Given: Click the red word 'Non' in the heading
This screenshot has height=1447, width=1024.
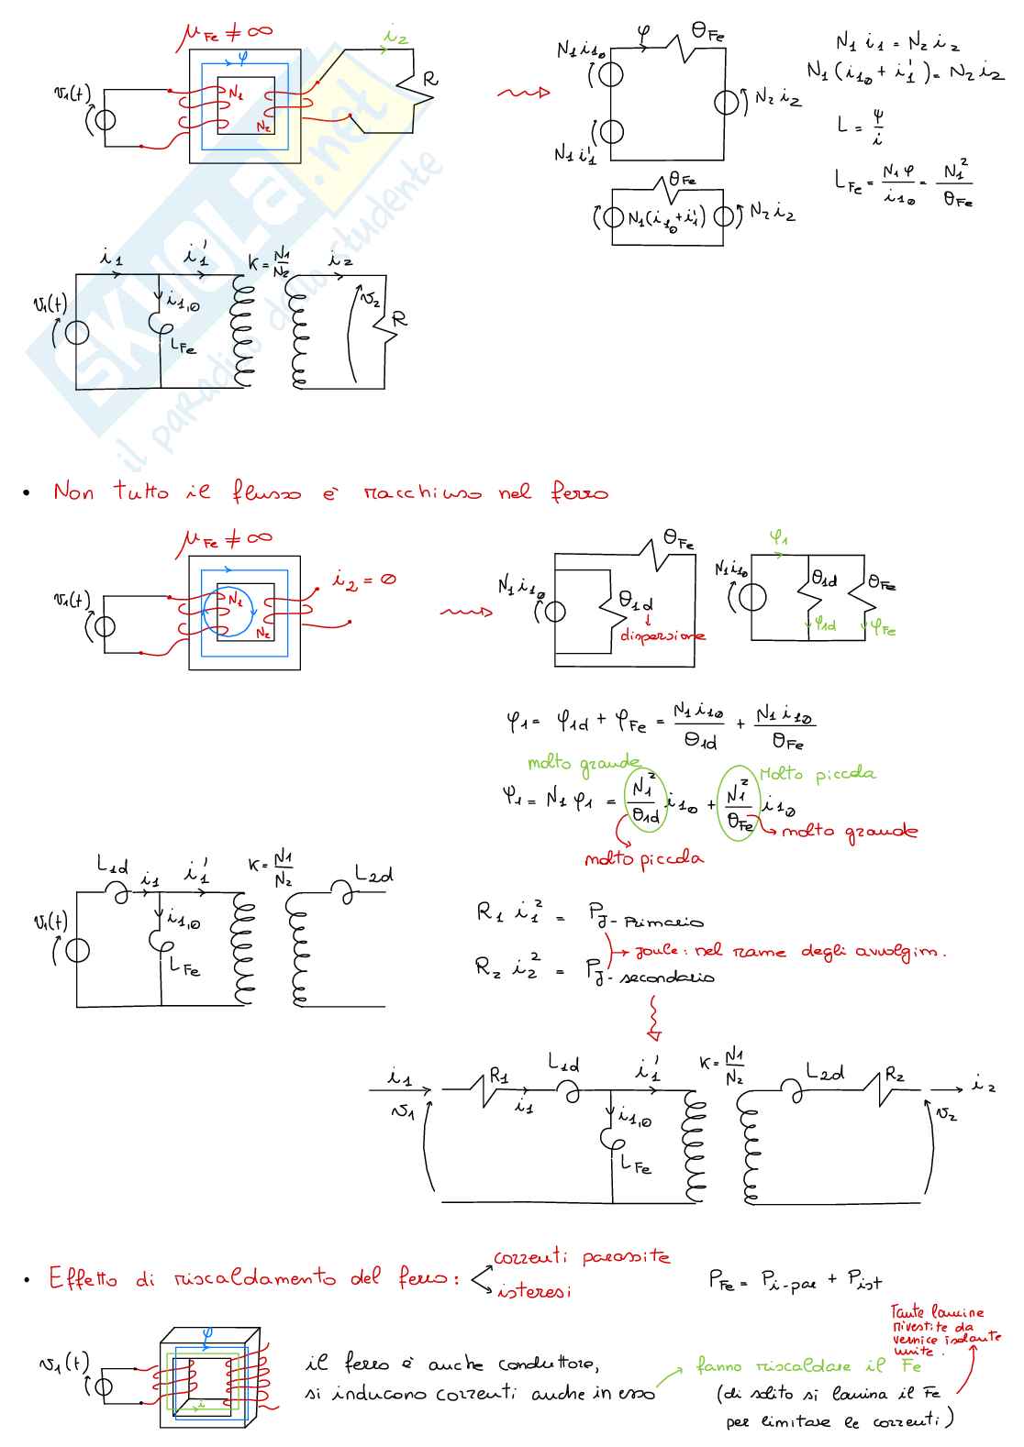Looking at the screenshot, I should pyautogui.click(x=73, y=492).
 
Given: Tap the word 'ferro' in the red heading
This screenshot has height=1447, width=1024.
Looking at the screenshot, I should pyautogui.click(x=579, y=492).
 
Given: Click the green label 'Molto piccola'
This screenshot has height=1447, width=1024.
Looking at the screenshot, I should pyautogui.click(x=818, y=774).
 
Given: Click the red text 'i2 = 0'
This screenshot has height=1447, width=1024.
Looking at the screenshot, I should pyautogui.click(x=364, y=580).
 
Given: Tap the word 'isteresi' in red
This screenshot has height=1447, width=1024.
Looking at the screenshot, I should pyautogui.click(x=534, y=1291).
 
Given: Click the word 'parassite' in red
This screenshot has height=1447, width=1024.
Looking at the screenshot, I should pyautogui.click(x=626, y=1257).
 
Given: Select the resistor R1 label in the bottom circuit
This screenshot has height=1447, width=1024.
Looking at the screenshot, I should pyautogui.click(x=499, y=1075).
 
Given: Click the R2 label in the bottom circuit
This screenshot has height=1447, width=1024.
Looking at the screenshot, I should pyautogui.click(x=895, y=1074).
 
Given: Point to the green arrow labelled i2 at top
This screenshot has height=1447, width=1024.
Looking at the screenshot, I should pyautogui.click(x=395, y=38).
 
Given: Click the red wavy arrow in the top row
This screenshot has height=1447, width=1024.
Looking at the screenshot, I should pyautogui.click(x=523, y=93).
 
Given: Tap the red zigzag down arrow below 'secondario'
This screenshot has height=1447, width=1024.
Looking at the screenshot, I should pyautogui.click(x=653, y=1018).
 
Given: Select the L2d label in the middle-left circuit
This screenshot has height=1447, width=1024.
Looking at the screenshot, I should pyautogui.click(x=373, y=876).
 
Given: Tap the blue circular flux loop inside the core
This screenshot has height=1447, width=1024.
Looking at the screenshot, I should pyautogui.click(x=226, y=611).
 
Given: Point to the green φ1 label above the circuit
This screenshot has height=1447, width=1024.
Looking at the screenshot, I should pyautogui.click(x=778, y=538).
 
